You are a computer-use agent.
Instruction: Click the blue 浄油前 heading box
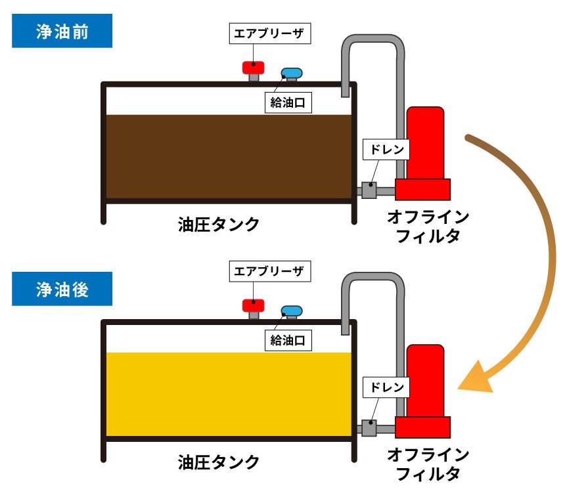click(x=62, y=32)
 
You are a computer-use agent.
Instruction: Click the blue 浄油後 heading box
click(x=62, y=289)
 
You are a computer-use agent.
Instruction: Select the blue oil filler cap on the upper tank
click(x=290, y=74)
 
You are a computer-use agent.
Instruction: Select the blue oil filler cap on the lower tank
click(x=290, y=311)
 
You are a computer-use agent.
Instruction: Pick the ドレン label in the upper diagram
click(x=387, y=149)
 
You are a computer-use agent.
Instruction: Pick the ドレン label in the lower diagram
click(x=387, y=387)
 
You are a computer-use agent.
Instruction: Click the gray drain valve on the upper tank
click(x=369, y=190)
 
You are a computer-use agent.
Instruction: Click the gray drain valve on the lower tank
click(x=369, y=428)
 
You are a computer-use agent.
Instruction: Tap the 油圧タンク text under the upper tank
click(x=219, y=224)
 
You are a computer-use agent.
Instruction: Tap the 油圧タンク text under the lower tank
click(x=219, y=462)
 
